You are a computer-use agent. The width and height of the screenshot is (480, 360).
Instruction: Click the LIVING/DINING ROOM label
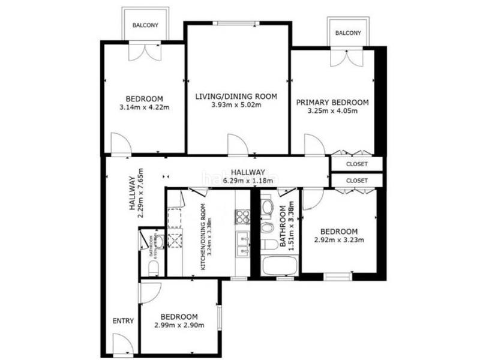click(x=236, y=96)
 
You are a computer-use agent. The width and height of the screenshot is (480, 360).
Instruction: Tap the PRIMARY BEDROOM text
click(x=332, y=103)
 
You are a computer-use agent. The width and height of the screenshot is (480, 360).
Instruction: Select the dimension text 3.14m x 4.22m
click(x=144, y=108)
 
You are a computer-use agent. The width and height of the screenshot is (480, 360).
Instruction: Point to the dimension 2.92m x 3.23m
click(x=338, y=241)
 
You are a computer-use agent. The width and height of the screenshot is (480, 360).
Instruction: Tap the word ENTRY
click(x=123, y=321)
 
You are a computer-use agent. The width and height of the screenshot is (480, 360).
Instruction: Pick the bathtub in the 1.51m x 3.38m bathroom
click(x=277, y=266)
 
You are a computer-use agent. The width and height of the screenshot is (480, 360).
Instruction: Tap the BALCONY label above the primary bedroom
click(x=348, y=32)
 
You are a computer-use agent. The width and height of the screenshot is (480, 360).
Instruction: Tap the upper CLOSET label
click(x=356, y=164)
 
